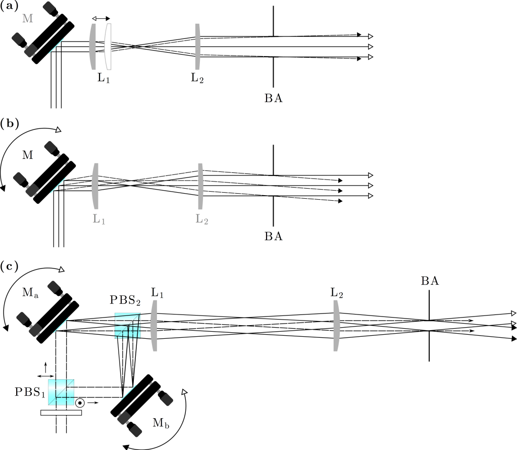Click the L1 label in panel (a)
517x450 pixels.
point(104,79)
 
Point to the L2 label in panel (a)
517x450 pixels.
point(198,79)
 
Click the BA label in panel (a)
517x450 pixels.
point(273,98)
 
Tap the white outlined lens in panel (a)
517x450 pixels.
point(108,47)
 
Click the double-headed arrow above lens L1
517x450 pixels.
point(100,18)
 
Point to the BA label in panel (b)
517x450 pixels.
point(273,236)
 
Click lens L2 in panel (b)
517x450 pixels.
point(200,185)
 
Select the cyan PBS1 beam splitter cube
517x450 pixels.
point(61,392)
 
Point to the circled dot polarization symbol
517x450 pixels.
point(80,403)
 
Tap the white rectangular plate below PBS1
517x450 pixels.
point(61,413)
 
